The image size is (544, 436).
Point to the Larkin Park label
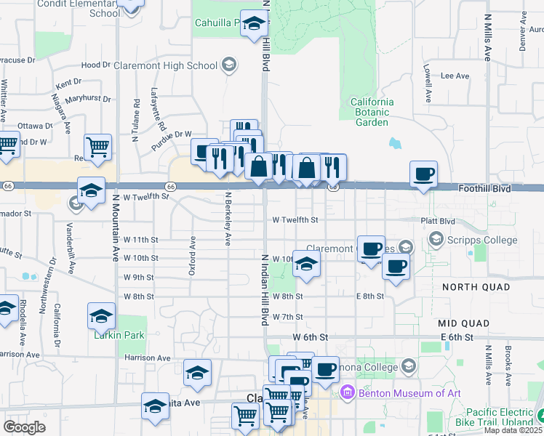119,335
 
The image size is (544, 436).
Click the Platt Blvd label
437,220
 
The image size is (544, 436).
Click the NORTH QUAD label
476,287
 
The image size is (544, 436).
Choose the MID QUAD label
466,322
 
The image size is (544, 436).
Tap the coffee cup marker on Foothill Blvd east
423,174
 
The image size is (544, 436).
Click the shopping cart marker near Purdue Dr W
97,147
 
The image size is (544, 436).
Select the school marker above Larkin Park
101,315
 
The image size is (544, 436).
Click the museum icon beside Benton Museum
348,394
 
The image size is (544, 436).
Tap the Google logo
24,427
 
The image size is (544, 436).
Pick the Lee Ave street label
455,76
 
